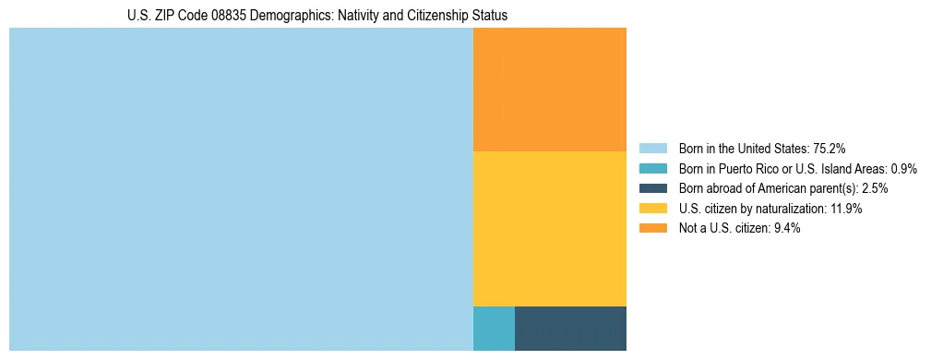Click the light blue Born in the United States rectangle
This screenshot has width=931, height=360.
[x=241, y=189]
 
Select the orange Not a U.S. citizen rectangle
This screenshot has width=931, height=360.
[x=549, y=90]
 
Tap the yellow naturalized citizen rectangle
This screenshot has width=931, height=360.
[x=549, y=228]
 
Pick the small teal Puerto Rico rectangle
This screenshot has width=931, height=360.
[x=494, y=328]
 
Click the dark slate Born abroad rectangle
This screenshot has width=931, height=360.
[x=570, y=328]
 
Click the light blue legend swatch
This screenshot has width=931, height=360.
[x=652, y=149]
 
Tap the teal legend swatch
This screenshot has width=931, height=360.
[x=652, y=169]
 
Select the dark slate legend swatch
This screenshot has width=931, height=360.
[x=652, y=188]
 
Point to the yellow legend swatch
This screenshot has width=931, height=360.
[x=652, y=209]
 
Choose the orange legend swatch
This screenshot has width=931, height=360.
[x=652, y=229]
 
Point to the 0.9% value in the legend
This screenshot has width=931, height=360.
[x=903, y=169]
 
